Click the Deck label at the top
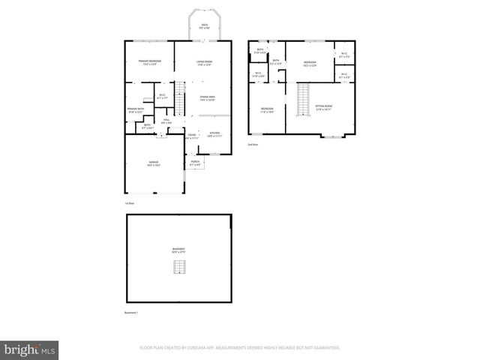coord(204,26)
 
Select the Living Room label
coord(205,62)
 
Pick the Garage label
coord(153,162)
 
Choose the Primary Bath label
coord(135,110)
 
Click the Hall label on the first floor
coord(166,121)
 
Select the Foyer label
coord(192,136)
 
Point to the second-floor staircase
coord(303,99)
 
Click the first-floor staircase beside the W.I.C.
coord(179,96)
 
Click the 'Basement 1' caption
coord(132,313)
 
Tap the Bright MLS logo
coord(31,349)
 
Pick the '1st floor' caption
coord(129,203)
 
